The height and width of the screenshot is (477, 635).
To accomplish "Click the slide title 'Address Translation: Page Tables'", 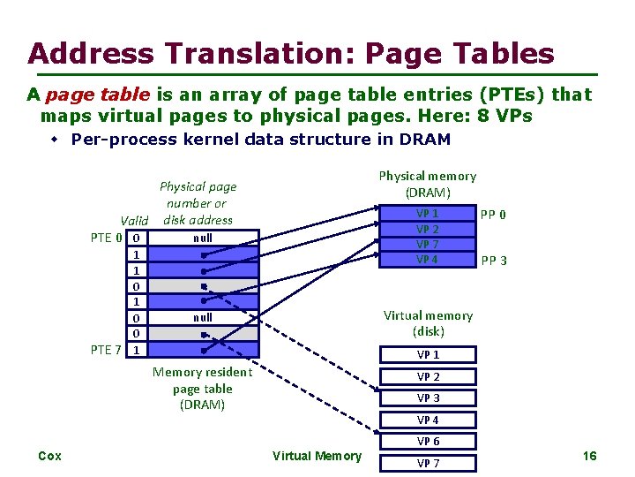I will point(291,53).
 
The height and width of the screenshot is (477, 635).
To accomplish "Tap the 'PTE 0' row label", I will point(107,238).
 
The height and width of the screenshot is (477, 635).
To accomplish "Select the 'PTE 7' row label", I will point(107,350).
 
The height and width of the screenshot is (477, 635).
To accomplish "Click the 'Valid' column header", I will point(134,221).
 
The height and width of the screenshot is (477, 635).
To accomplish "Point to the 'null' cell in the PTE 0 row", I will point(203,238).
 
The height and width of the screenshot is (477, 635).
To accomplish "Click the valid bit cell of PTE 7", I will point(136,350).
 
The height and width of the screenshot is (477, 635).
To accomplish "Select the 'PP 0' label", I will point(492,215).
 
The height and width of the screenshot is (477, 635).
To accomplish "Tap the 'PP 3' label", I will point(492,261).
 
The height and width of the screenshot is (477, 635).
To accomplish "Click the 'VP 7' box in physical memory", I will point(428,244).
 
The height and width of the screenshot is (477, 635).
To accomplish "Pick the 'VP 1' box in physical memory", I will point(428,214).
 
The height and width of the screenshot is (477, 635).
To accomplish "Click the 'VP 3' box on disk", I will point(428,398).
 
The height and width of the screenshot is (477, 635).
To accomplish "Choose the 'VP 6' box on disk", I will point(428,441).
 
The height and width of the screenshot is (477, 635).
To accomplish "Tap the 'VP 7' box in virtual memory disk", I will point(428,463).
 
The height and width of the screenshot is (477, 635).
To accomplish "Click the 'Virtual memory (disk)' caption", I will point(428,323).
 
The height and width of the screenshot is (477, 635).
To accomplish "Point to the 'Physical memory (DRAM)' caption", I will point(428,184).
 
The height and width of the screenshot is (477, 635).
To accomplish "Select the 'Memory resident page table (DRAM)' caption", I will point(202,389).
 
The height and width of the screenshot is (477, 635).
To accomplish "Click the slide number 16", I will point(589,456).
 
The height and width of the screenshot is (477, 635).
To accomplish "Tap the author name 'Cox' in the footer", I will point(50,456).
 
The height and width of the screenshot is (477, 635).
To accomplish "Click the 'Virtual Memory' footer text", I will point(317,456).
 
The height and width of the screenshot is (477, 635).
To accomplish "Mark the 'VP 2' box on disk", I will point(428,377).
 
